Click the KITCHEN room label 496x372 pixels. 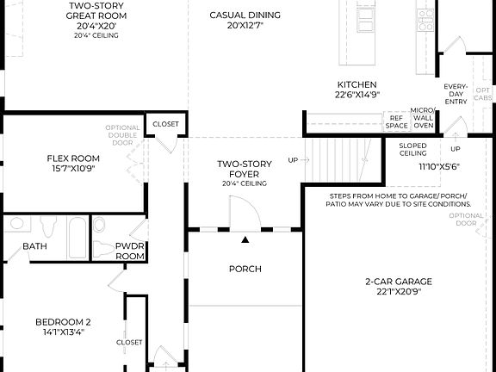tap(356, 84)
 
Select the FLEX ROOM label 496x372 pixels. tap(73, 158)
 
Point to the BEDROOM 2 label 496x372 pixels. tap(63, 322)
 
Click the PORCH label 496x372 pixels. tap(245, 269)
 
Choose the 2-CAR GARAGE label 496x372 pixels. tap(397, 282)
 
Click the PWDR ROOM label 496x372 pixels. tap(130, 251)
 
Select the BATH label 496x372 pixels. tap(35, 246)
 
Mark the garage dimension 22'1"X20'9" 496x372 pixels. tap(397, 293)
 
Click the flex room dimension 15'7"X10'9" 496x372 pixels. tap(73, 169)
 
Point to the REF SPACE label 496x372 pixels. tap(396, 121)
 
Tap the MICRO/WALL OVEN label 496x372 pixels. tap(423, 118)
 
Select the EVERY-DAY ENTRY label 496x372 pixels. tap(456, 94)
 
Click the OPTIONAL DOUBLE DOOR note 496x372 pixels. tap(122, 139)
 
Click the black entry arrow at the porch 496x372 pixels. tap(245, 239)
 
